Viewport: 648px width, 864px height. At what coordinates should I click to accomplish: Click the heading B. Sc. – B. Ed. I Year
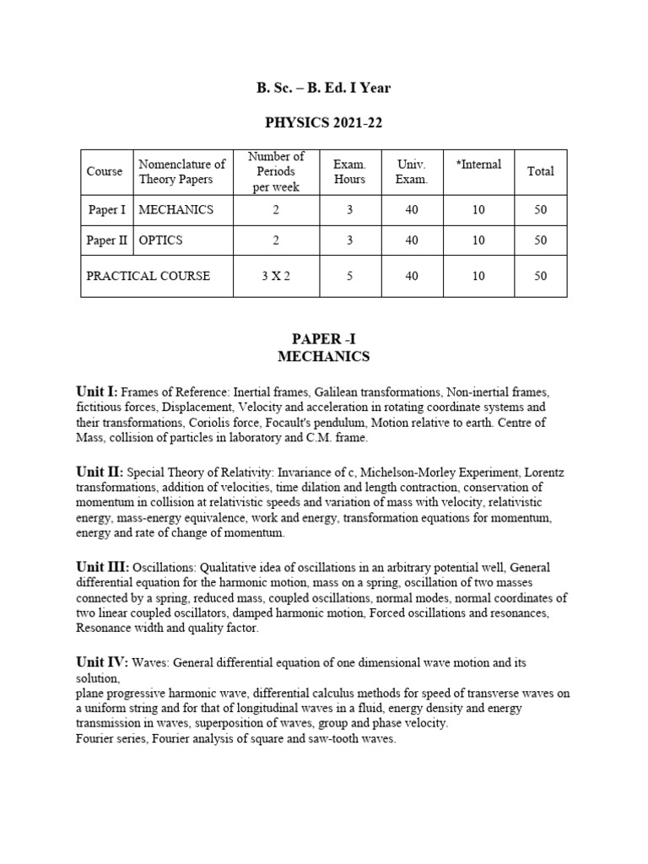[x=323, y=88]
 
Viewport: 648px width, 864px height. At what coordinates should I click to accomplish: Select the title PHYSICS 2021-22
[x=323, y=124]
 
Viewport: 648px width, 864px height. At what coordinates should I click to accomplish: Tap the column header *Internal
[x=478, y=165]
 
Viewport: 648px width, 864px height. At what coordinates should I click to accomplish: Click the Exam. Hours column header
[x=349, y=171]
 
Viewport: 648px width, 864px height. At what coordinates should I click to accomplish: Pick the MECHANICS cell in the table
[x=176, y=209]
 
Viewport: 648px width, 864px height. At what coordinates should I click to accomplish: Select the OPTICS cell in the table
[x=160, y=240]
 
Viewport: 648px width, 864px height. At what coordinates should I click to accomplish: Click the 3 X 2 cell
[x=275, y=276]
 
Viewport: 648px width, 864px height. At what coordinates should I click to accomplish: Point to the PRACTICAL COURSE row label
[x=148, y=276]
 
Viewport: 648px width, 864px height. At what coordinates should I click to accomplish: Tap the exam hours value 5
[x=349, y=276]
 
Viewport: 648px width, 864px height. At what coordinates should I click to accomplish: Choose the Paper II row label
[x=107, y=240]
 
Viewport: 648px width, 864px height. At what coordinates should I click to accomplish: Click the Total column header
[x=540, y=171]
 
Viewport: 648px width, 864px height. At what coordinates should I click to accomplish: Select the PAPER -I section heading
[x=323, y=339]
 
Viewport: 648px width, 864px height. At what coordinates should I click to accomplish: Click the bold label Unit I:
[x=97, y=392]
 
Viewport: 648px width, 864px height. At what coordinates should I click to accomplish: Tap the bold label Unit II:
[x=100, y=472]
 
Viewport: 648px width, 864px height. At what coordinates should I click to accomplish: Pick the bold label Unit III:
[x=102, y=568]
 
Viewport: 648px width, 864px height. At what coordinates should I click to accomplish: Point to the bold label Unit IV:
[x=102, y=663]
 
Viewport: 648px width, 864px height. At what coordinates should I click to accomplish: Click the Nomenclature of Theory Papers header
[x=181, y=171]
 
